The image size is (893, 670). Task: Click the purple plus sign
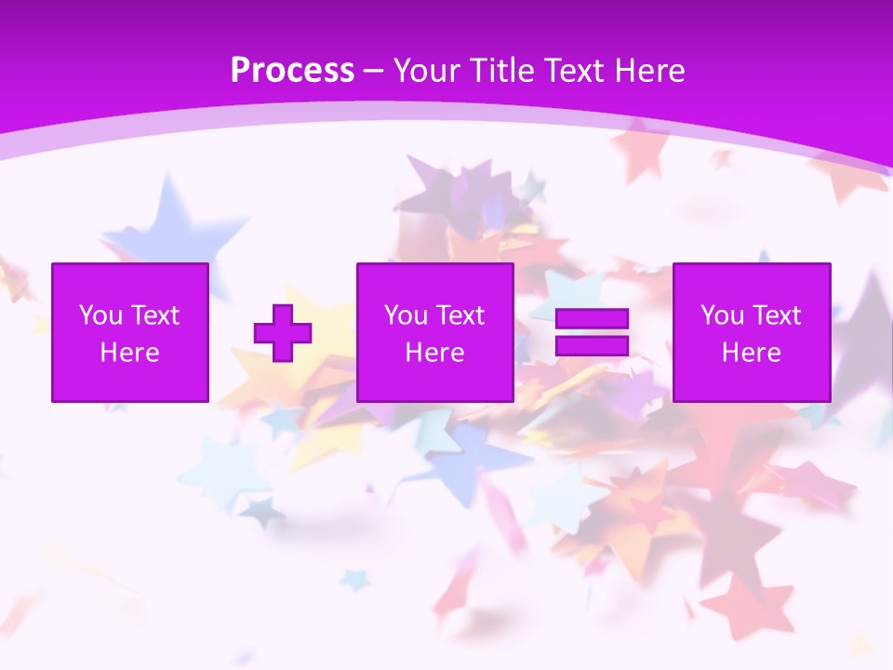pos(283,332)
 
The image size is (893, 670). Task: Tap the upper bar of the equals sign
pos(592,319)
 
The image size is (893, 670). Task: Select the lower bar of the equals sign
pos(592,345)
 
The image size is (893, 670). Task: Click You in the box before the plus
pos(100,315)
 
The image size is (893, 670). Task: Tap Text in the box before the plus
pos(154,315)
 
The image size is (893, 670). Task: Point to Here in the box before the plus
pos(130,353)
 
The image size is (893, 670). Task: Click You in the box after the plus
pos(406,315)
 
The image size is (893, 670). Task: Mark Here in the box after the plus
pos(435,353)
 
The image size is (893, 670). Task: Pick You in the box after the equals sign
pos(722,315)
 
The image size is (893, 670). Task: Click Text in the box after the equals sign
pos(776,315)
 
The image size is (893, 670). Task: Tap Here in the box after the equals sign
pos(752,353)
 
